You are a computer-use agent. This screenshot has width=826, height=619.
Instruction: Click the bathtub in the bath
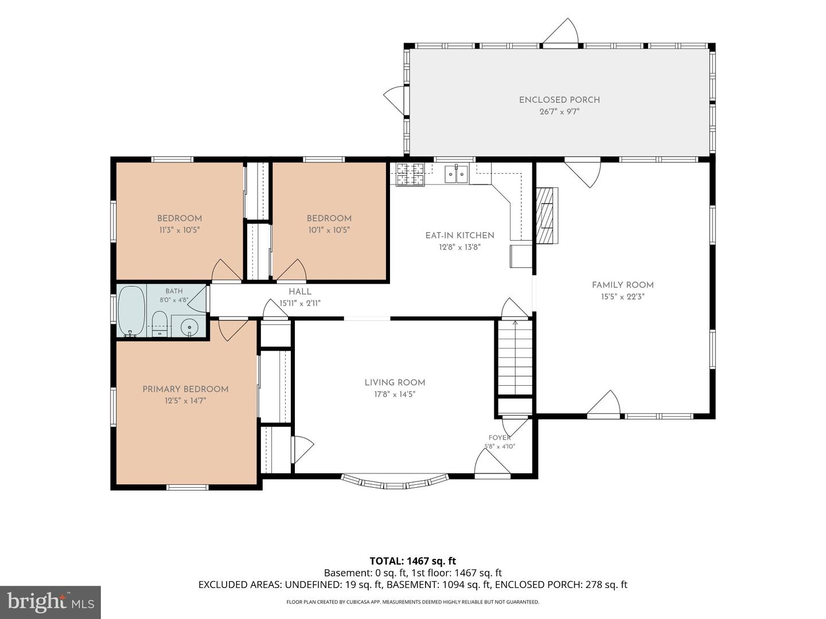pyautogui.click(x=131, y=311)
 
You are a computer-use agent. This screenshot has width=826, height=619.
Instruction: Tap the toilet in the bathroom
pyautogui.click(x=159, y=324)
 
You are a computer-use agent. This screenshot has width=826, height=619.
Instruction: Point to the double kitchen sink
pyautogui.click(x=456, y=174)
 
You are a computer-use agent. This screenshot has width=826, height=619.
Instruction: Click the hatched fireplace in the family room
pyautogui.click(x=547, y=216)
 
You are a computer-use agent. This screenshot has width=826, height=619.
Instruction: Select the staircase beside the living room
pyautogui.click(x=515, y=356)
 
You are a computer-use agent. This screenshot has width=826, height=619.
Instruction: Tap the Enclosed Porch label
pyautogui.click(x=559, y=100)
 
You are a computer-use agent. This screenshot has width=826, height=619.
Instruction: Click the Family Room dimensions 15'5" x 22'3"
pyautogui.click(x=623, y=296)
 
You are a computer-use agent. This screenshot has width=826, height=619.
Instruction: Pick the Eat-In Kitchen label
pyautogui.click(x=460, y=236)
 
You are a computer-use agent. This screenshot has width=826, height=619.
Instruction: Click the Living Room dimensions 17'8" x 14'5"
pyautogui.click(x=395, y=394)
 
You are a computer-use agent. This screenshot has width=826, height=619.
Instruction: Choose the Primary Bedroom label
pyautogui.click(x=185, y=389)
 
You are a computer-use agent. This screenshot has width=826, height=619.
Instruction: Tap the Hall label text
pyautogui.click(x=300, y=292)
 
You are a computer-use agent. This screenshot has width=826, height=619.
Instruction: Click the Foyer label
pyautogui.click(x=500, y=438)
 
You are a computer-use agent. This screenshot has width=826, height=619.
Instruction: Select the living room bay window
pyautogui.click(x=395, y=482)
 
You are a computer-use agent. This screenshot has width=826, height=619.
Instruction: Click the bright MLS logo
pyautogui.click(x=50, y=602)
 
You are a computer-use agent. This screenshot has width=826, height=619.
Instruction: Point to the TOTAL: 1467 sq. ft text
pyautogui.click(x=413, y=561)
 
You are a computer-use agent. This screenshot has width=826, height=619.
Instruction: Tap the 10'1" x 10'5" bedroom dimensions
pyautogui.click(x=329, y=230)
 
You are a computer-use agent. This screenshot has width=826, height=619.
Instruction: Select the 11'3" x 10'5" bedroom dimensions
pyautogui.click(x=180, y=230)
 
